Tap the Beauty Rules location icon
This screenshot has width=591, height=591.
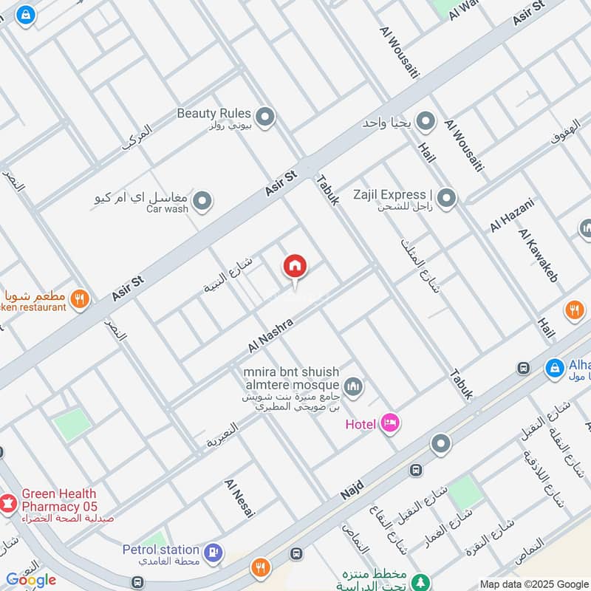tap(264, 116)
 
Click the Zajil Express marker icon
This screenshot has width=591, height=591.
tap(445, 197)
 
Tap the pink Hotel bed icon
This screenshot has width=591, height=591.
tap(391, 423)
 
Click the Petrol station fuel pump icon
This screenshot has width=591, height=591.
tap(213, 551)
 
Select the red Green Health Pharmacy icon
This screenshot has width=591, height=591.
tap(8, 503)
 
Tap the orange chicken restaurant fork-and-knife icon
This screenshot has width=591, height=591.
tap(80, 299)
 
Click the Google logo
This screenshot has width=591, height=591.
tap(31, 580)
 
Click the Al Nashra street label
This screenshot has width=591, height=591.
tap(271, 335)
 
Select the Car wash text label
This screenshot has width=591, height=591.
tap(167, 209)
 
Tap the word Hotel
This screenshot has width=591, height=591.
tap(361, 424)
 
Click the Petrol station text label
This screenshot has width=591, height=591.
tap(161, 550)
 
